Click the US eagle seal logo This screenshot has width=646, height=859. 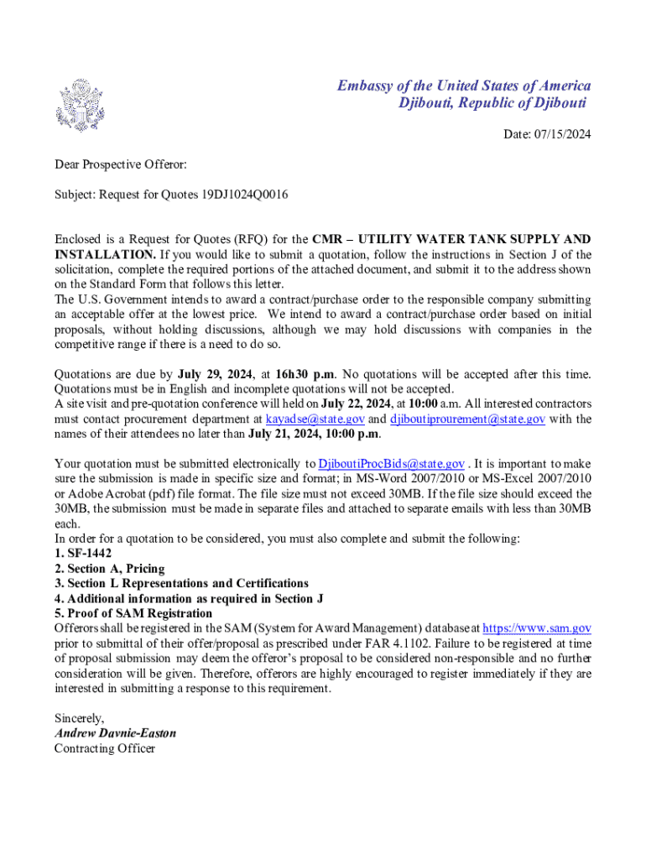pos(81,106)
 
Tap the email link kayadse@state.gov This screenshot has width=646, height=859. pos(315,419)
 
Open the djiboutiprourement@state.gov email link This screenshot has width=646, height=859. pos(467,419)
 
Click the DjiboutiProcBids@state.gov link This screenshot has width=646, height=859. pos(392,464)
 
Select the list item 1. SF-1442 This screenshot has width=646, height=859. pos(83,554)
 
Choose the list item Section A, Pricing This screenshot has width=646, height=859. pos(110,569)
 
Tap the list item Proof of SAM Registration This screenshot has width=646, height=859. pos(133,613)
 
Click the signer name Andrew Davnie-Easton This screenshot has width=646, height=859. pos(115,733)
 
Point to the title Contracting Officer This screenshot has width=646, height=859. pos(105,748)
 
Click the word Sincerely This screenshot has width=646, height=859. pos(79,718)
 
